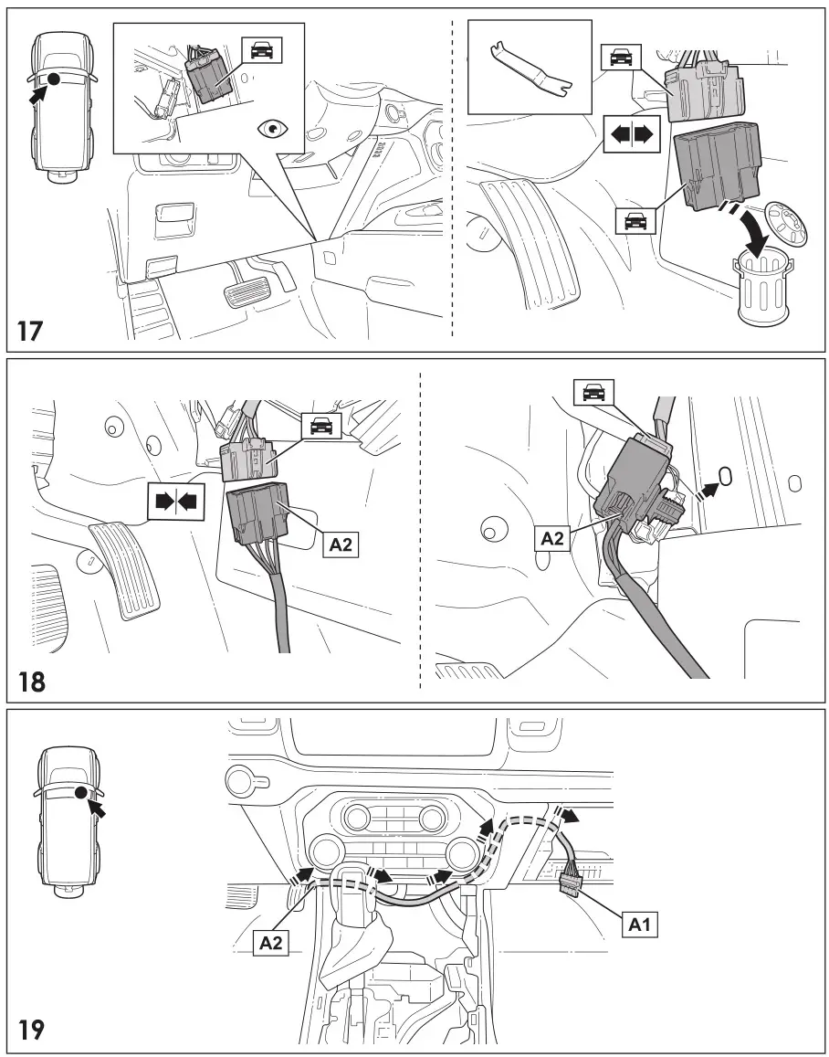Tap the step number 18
(x=30, y=681)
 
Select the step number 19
(x=30, y=1030)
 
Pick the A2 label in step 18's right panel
(x=552, y=538)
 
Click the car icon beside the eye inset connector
(x=262, y=51)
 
